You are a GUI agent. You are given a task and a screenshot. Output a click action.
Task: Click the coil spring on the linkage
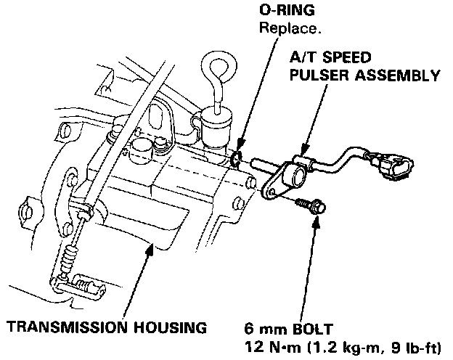[68, 254]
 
